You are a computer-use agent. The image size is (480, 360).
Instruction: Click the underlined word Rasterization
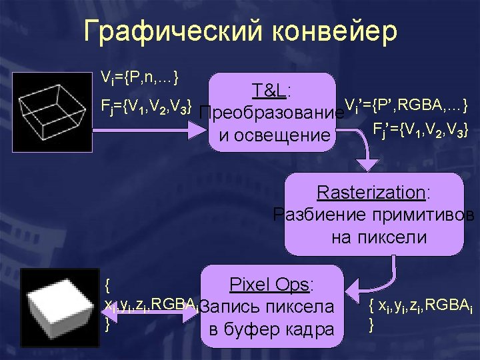point(371,193)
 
